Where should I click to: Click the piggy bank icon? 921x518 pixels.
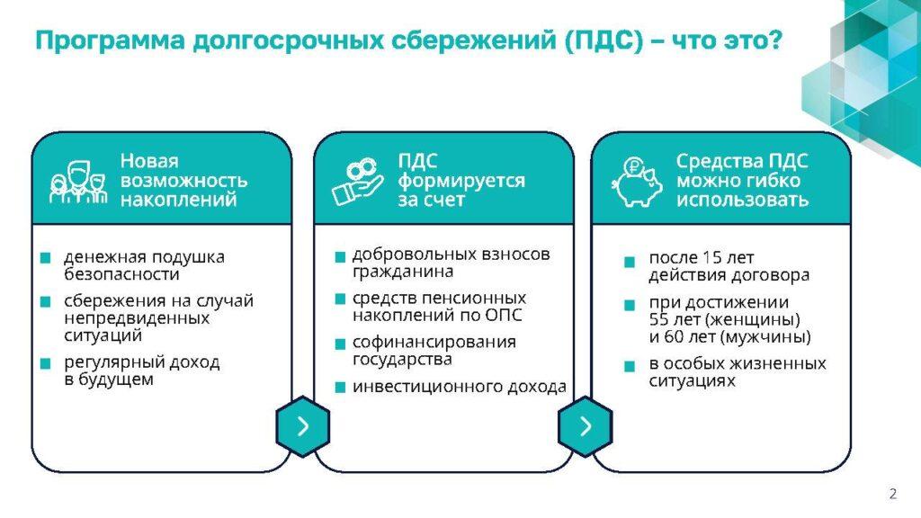(x=637, y=182)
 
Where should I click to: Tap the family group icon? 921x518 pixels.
(x=78, y=183)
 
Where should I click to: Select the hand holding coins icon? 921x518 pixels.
(x=358, y=182)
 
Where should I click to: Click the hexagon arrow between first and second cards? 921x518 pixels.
(x=303, y=426)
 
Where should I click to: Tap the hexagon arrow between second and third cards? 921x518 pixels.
(x=585, y=426)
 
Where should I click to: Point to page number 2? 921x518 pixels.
(x=893, y=494)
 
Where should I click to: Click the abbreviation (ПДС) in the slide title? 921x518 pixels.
(x=605, y=40)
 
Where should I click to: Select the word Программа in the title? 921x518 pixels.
(x=110, y=41)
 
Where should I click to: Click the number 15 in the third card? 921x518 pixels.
(x=712, y=258)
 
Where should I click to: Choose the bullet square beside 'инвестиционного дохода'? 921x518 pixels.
(x=340, y=388)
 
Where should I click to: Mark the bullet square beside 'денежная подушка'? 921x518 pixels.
(x=46, y=258)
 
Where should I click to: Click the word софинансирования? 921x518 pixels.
(x=434, y=343)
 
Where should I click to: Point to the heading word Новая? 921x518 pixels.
(x=149, y=161)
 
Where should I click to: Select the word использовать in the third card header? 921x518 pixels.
(x=742, y=200)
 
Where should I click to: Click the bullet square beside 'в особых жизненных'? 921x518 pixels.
(x=630, y=367)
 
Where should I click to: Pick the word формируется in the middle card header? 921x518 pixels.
(x=461, y=181)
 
